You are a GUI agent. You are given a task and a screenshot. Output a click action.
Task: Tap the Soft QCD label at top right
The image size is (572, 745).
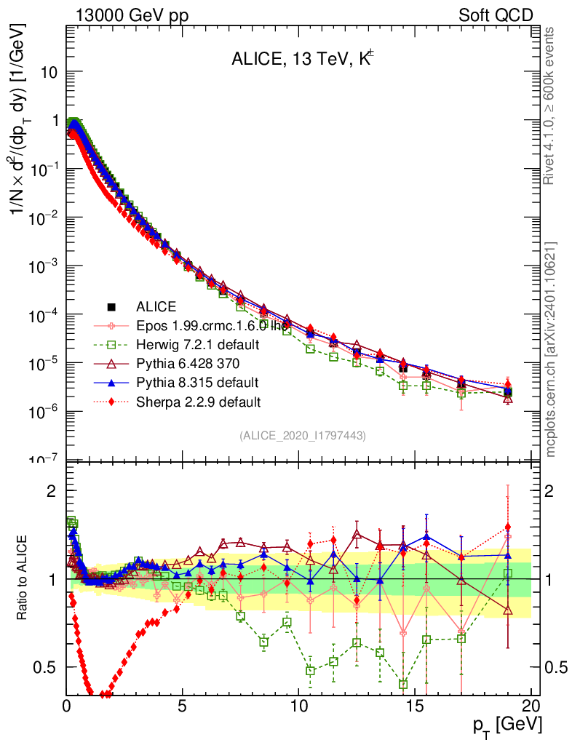point(496,15)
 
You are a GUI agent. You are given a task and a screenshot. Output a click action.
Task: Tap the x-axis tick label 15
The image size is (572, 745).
point(415,706)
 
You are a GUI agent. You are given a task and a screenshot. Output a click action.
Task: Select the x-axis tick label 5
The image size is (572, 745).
point(183,706)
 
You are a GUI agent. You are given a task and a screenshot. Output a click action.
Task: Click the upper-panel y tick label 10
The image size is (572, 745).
point(49,73)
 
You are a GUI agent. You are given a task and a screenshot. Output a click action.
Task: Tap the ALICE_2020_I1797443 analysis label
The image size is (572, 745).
point(302,435)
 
